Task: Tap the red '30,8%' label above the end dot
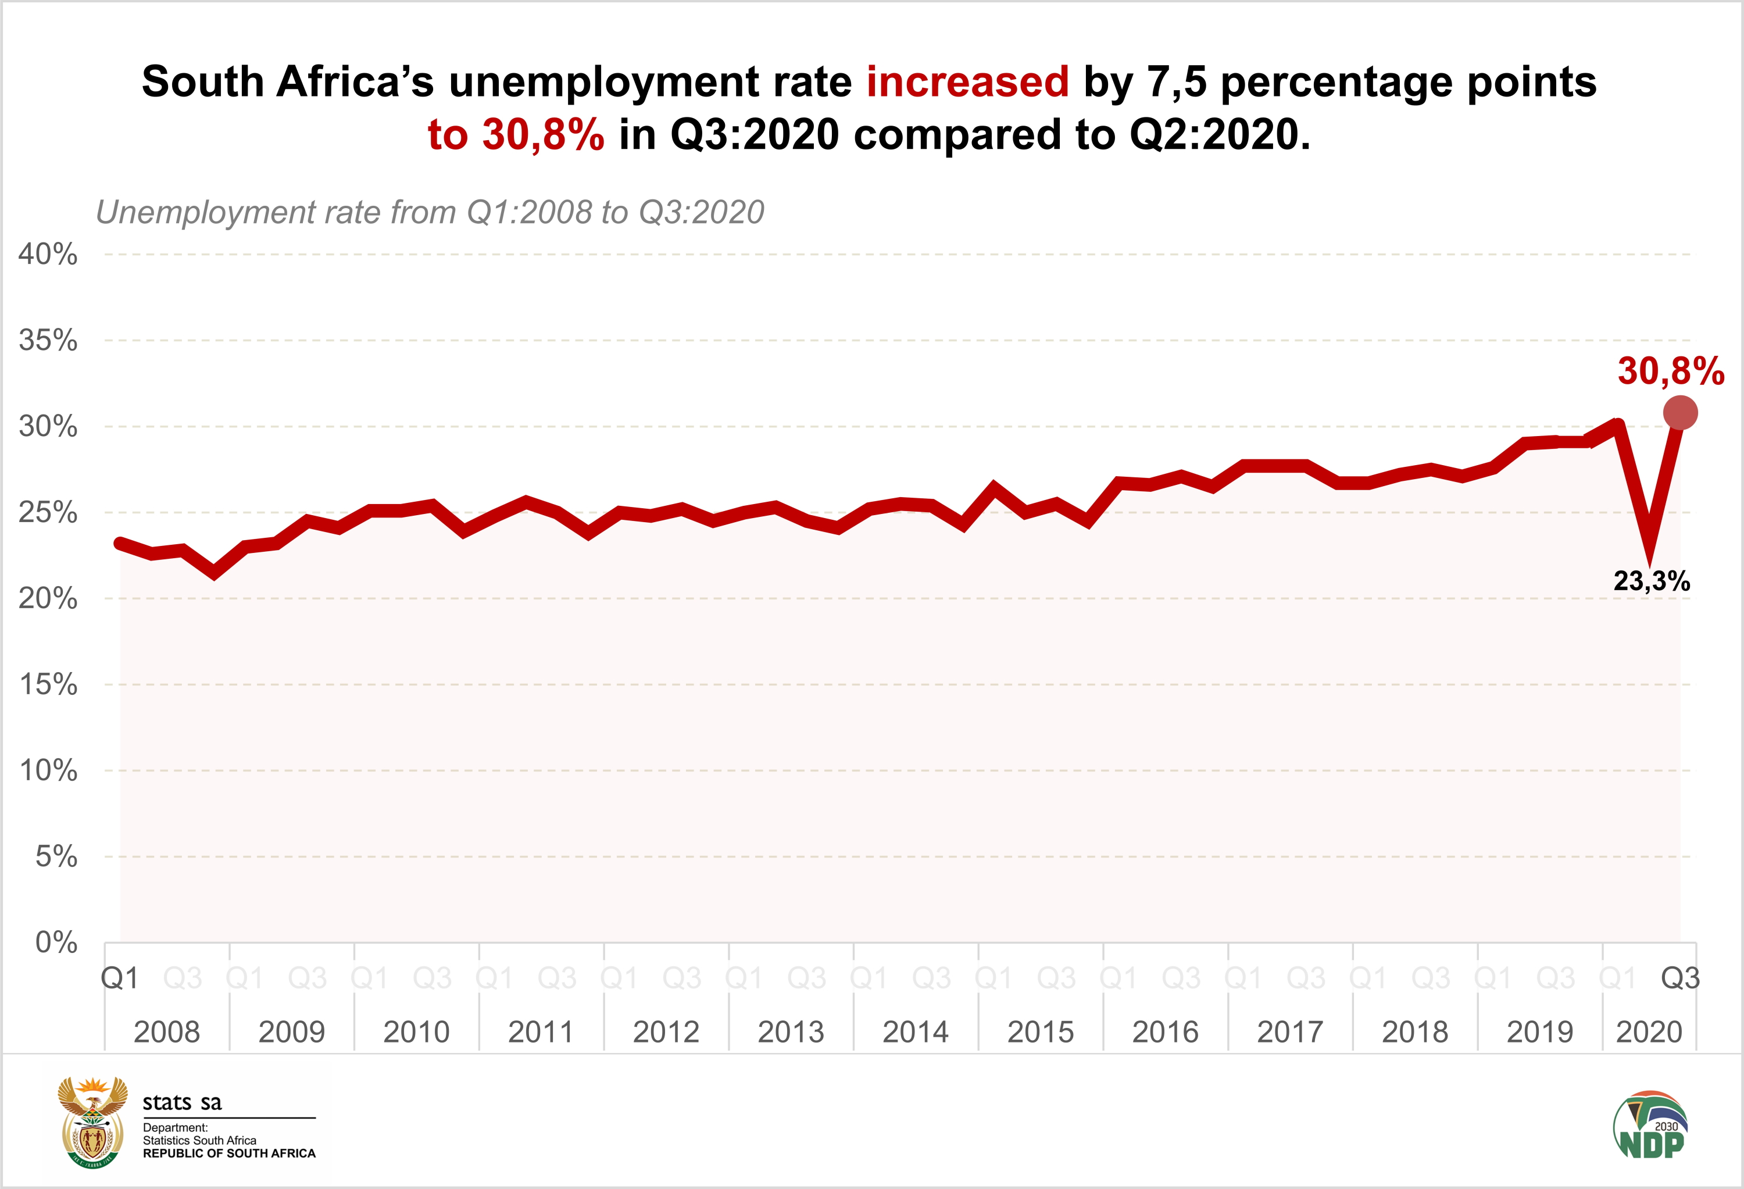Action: tap(1670, 371)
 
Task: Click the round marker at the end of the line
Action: tap(1680, 413)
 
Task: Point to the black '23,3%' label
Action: tap(1651, 581)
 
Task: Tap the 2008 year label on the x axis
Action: tap(167, 1032)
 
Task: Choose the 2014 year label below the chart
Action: tap(916, 1032)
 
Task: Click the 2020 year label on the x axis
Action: tap(1649, 1032)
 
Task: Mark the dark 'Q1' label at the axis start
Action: tap(120, 978)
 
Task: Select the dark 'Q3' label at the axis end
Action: tap(1680, 978)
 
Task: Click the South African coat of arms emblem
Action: tap(93, 1122)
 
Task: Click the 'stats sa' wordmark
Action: tap(183, 1102)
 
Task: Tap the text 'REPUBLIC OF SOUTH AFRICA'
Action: tap(229, 1154)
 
